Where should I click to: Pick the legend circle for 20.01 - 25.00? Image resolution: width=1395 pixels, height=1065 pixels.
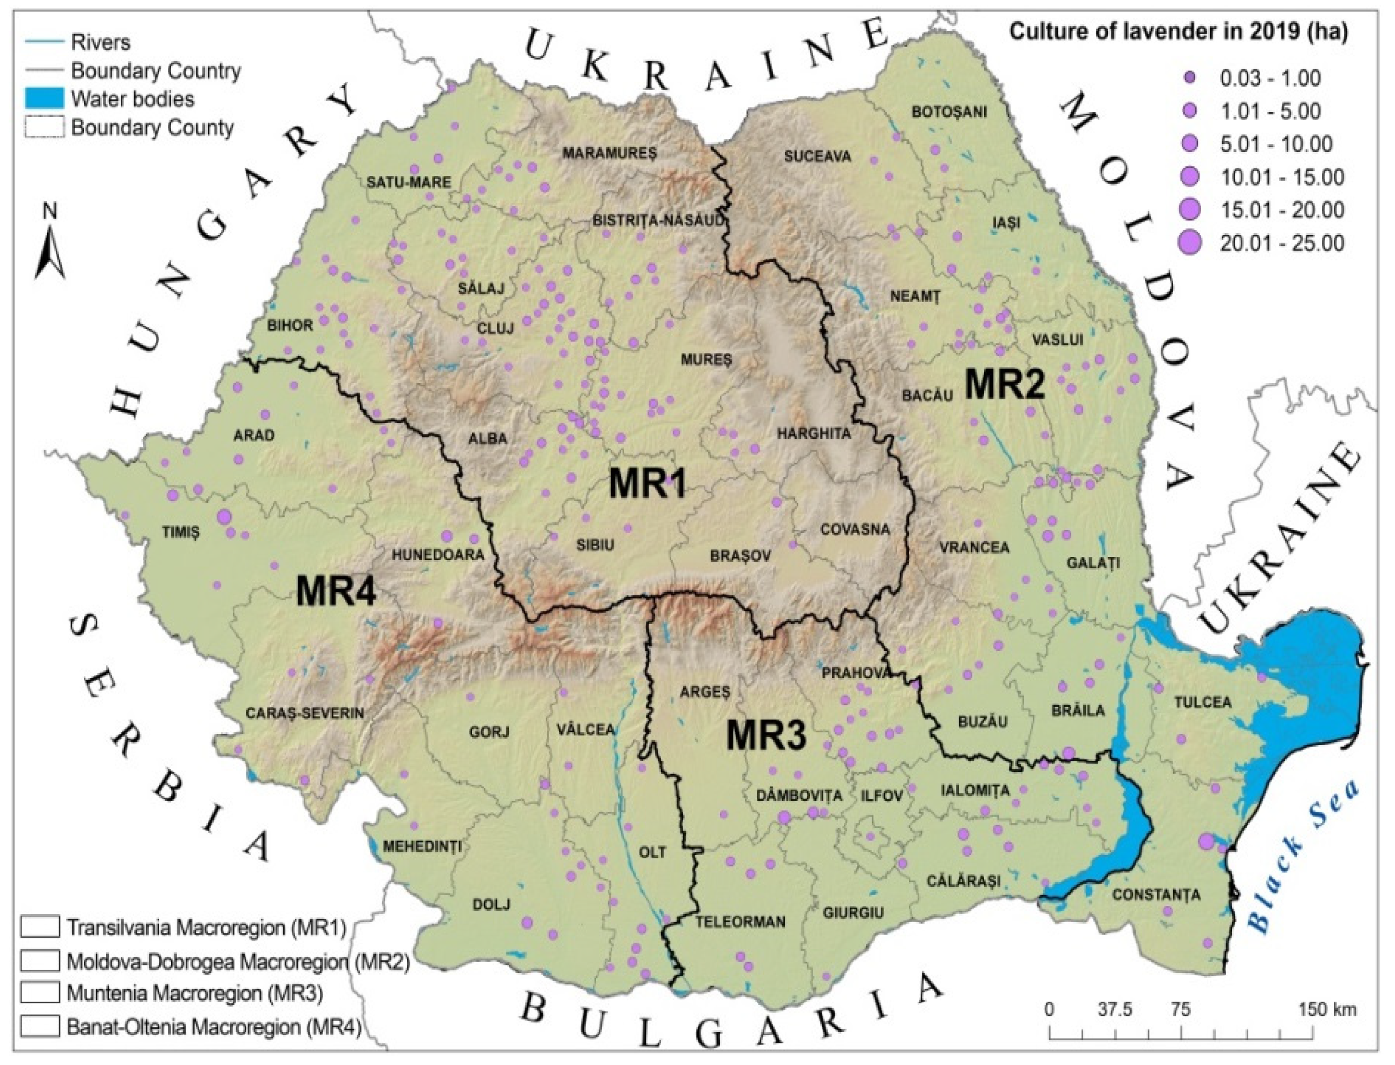pyautogui.click(x=1189, y=243)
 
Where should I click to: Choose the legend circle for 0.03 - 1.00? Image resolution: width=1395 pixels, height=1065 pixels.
pyautogui.click(x=1189, y=78)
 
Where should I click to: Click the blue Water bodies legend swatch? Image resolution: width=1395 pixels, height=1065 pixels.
pyautogui.click(x=44, y=99)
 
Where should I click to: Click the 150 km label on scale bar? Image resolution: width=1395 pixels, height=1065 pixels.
pyautogui.click(x=1328, y=1009)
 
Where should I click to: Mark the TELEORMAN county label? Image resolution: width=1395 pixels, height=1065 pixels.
pyautogui.click(x=740, y=922)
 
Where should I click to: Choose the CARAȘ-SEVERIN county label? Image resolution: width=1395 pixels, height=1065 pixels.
pyautogui.click(x=304, y=713)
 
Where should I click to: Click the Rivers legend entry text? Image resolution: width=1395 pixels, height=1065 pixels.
pyautogui.click(x=100, y=42)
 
